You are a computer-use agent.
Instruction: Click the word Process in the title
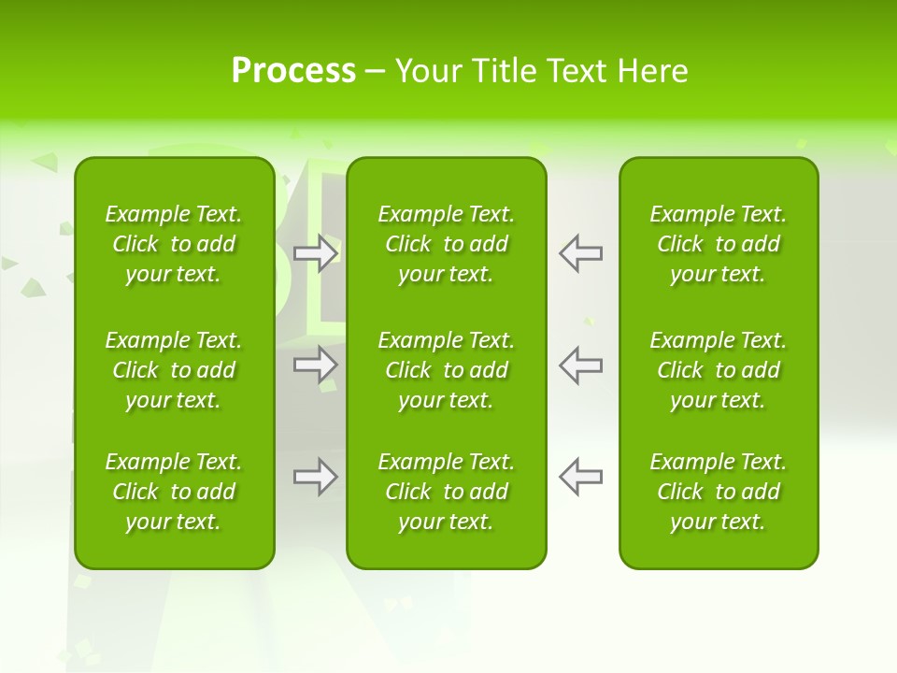click(293, 71)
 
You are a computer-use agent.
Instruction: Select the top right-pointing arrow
click(315, 253)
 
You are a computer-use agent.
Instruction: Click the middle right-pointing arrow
click(315, 365)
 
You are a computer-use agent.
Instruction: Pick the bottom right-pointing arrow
click(315, 477)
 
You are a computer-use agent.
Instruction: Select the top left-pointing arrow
click(581, 253)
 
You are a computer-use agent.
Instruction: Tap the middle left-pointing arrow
click(581, 365)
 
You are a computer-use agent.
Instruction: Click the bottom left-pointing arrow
click(581, 477)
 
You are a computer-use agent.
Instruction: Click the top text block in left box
click(174, 244)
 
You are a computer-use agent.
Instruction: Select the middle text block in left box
click(174, 370)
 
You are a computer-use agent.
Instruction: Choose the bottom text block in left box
click(174, 492)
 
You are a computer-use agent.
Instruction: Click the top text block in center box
click(447, 244)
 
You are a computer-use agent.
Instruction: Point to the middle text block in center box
click(447, 370)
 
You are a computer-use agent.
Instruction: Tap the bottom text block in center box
click(447, 492)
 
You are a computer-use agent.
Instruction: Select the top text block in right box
click(719, 244)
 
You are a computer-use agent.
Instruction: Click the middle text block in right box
click(719, 370)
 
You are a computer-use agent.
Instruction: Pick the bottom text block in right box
click(719, 492)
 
